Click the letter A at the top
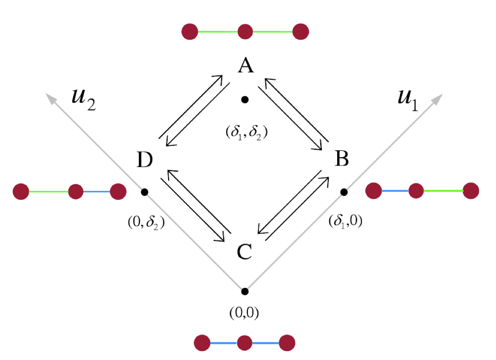tap(245, 66)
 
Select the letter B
tap(342, 159)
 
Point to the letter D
tap(145, 161)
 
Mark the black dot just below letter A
tap(244, 100)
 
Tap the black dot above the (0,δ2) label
tap(144, 192)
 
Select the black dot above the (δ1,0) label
tap(344, 192)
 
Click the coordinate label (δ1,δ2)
tap(244, 132)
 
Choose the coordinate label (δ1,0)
tap(345, 222)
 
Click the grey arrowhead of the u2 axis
tap(51, 98)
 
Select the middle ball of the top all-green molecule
tap(245, 32)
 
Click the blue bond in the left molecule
tap(97, 192)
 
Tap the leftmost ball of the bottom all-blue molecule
tap(202, 343)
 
